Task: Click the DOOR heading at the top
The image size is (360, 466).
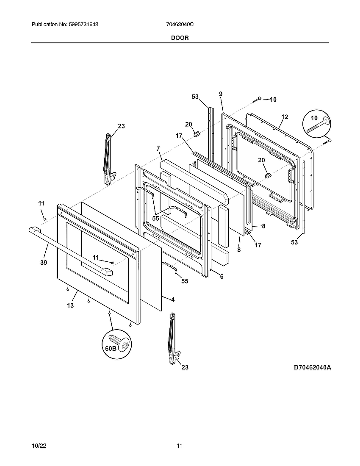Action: [x=180, y=38]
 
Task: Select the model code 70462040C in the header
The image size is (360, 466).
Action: [x=180, y=25]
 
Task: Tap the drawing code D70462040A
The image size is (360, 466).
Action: [x=312, y=368]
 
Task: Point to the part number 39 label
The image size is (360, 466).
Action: [x=44, y=263]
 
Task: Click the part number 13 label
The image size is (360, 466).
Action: [x=70, y=305]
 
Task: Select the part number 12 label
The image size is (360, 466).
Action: [x=284, y=117]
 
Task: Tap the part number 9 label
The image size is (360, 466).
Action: [x=221, y=94]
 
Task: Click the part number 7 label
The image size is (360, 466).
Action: [x=158, y=149]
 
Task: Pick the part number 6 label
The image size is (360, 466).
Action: [x=221, y=276]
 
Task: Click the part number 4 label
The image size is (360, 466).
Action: [x=173, y=299]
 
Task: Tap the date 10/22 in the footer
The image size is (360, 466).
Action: [x=38, y=446]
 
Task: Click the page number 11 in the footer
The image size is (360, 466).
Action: [x=180, y=446]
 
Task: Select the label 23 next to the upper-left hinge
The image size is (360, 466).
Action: [x=121, y=126]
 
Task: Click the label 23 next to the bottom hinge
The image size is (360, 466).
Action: [x=185, y=368]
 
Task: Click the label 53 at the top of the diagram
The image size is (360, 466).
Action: [x=195, y=97]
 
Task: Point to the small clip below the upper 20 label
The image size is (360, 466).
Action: [x=196, y=134]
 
